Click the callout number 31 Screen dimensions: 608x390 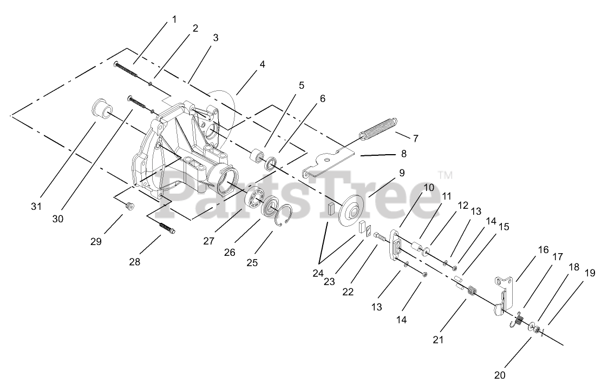click(36, 206)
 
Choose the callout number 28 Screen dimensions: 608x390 click(134, 261)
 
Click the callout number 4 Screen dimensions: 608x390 click(262, 64)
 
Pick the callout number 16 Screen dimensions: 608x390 click(544, 250)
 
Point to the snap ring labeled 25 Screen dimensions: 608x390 click(284, 215)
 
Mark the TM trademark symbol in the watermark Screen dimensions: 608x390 click(445, 175)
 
